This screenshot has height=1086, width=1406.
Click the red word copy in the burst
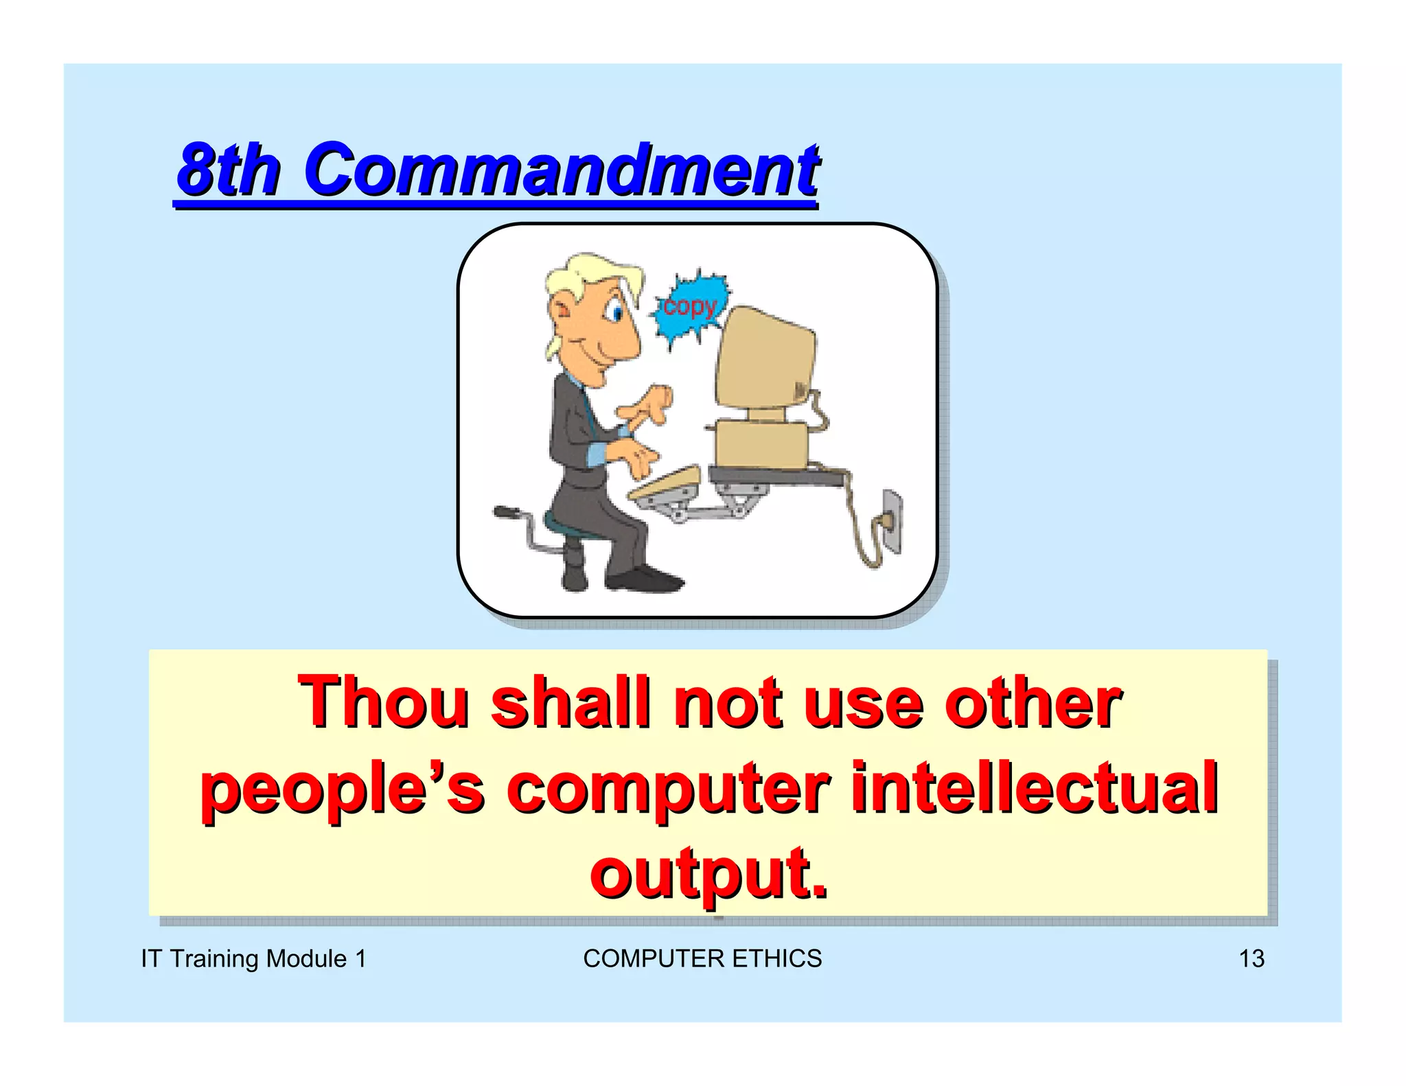click(x=689, y=307)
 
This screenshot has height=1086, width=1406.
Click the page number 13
click(x=1251, y=958)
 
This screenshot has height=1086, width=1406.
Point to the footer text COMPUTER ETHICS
click(x=702, y=958)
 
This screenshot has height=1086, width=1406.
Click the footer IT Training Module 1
click(x=253, y=958)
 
